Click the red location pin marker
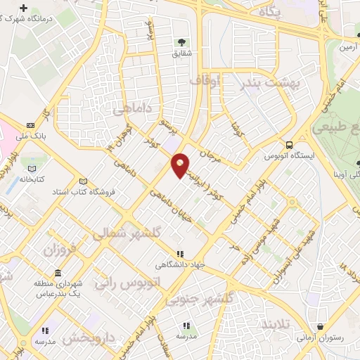click(x=180, y=165)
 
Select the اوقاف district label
click(x=205, y=82)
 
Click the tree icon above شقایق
click(x=182, y=42)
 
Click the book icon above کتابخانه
click(x=31, y=169)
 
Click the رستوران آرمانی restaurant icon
click(x=321, y=327)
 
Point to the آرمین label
click(x=349, y=48)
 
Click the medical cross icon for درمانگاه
click(x=25, y=9)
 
